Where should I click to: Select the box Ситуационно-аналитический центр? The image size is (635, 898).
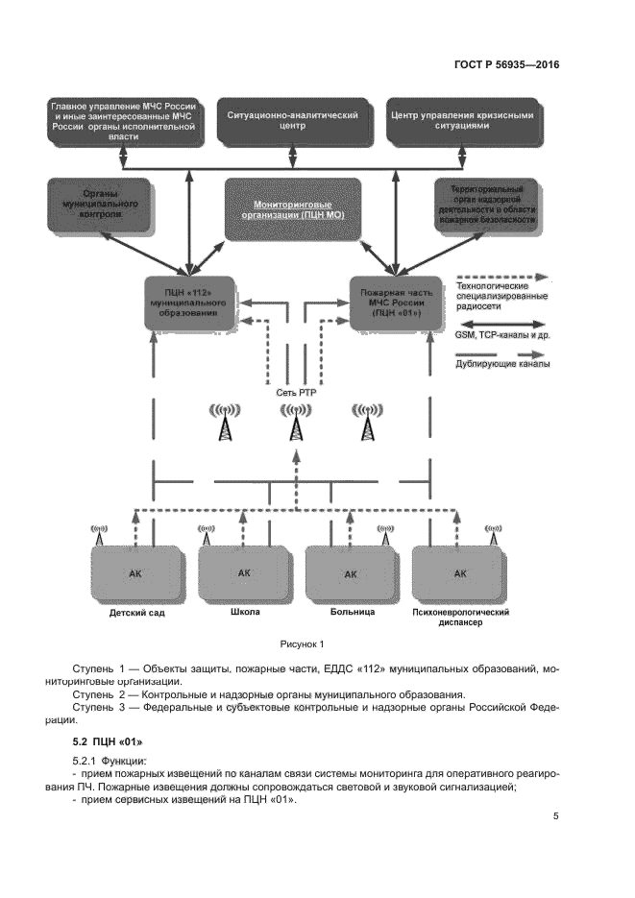click(292, 120)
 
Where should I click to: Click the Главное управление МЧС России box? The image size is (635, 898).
click(125, 120)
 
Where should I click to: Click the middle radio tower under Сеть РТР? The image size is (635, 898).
click(293, 423)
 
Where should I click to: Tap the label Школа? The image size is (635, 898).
click(246, 611)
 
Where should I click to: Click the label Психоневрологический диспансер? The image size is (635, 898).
click(458, 617)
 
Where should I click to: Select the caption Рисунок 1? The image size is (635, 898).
click(303, 644)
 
